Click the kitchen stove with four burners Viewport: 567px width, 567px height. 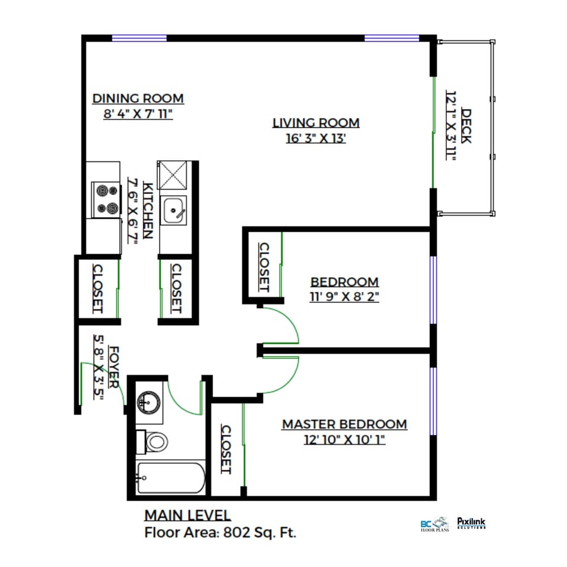[x=106, y=200]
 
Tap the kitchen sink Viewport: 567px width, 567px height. [x=174, y=210]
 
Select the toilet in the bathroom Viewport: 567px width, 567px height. [x=152, y=442]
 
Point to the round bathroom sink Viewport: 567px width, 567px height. [x=148, y=402]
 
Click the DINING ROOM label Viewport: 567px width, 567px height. [x=138, y=99]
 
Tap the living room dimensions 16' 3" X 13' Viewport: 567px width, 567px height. [x=316, y=138]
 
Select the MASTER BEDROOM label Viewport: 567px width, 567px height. [x=345, y=424]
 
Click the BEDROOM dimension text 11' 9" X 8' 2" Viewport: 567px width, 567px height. [x=344, y=297]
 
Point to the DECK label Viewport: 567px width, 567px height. [x=466, y=126]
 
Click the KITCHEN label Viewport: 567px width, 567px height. [x=148, y=210]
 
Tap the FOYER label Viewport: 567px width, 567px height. [x=114, y=367]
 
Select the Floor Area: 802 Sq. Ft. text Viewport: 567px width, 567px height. [x=220, y=533]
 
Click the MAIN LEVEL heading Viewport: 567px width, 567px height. [x=187, y=516]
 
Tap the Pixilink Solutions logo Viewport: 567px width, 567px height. [x=471, y=523]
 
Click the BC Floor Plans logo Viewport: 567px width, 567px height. [x=435, y=524]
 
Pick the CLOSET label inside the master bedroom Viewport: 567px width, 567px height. [x=226, y=449]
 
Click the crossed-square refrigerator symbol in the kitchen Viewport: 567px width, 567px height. [x=173, y=175]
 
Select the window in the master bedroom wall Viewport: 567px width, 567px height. [x=433, y=401]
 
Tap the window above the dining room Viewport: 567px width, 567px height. [x=139, y=38]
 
